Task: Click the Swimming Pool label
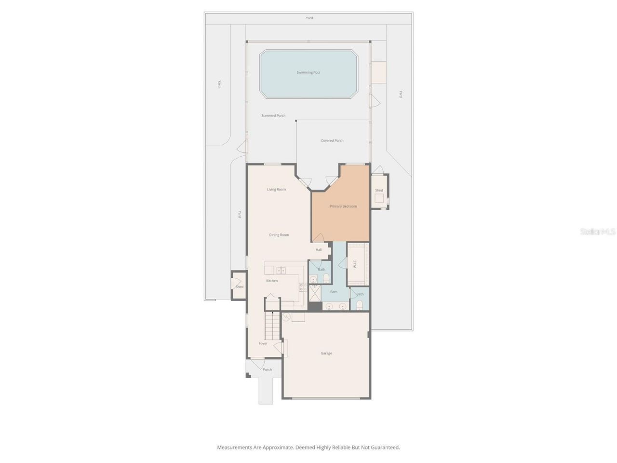[308, 72]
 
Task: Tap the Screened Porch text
[273, 116]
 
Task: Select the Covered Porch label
[332, 141]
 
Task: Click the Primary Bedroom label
[343, 206]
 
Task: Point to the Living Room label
[276, 190]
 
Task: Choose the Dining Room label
[279, 235]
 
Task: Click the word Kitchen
[272, 281]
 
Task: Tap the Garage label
[326, 354]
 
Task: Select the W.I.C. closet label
[355, 264]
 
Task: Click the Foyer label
[263, 343]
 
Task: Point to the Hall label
[319, 250]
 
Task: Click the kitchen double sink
[281, 270]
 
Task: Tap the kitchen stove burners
[303, 287]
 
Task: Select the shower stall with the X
[315, 293]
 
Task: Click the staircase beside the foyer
[272, 327]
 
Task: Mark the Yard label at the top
[309, 18]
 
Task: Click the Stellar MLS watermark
[598, 232]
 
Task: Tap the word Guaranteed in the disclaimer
[384, 448]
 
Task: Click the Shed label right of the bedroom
[379, 191]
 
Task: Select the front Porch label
[267, 370]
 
